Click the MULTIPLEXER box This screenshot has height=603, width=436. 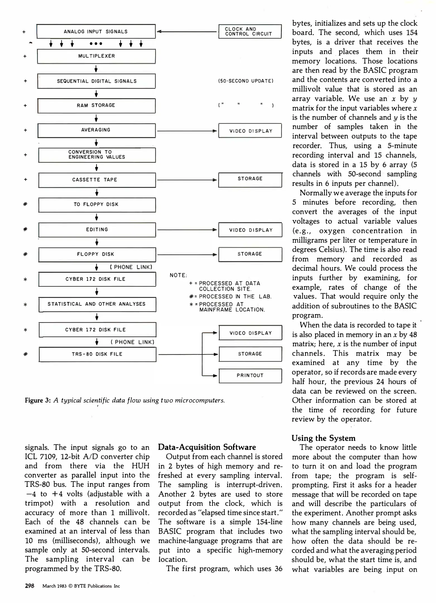coord(96,56)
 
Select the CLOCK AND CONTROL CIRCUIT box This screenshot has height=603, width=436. coord(250,32)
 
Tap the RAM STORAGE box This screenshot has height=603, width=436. coord(96,106)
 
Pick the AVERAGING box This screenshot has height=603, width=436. coord(96,130)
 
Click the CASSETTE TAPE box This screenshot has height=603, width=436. coord(97,180)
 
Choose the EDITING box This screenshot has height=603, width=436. coord(97,229)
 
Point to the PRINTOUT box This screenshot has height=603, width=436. coord(250,375)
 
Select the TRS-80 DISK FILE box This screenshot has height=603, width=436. coord(97,354)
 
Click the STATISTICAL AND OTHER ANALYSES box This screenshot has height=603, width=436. coord(97,304)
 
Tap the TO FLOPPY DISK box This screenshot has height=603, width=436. coord(97,204)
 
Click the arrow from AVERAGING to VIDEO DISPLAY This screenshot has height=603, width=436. coord(187,131)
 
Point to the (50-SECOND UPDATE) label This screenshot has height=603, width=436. coord(246,81)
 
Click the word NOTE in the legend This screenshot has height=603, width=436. coord(178,275)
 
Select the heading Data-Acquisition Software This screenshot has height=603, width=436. coord(207,447)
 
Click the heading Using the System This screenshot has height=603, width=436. coord(324,438)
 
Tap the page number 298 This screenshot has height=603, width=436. coord(30,586)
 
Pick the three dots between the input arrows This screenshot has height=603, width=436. coord(96,44)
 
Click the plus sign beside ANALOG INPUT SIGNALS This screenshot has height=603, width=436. coord(24,32)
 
